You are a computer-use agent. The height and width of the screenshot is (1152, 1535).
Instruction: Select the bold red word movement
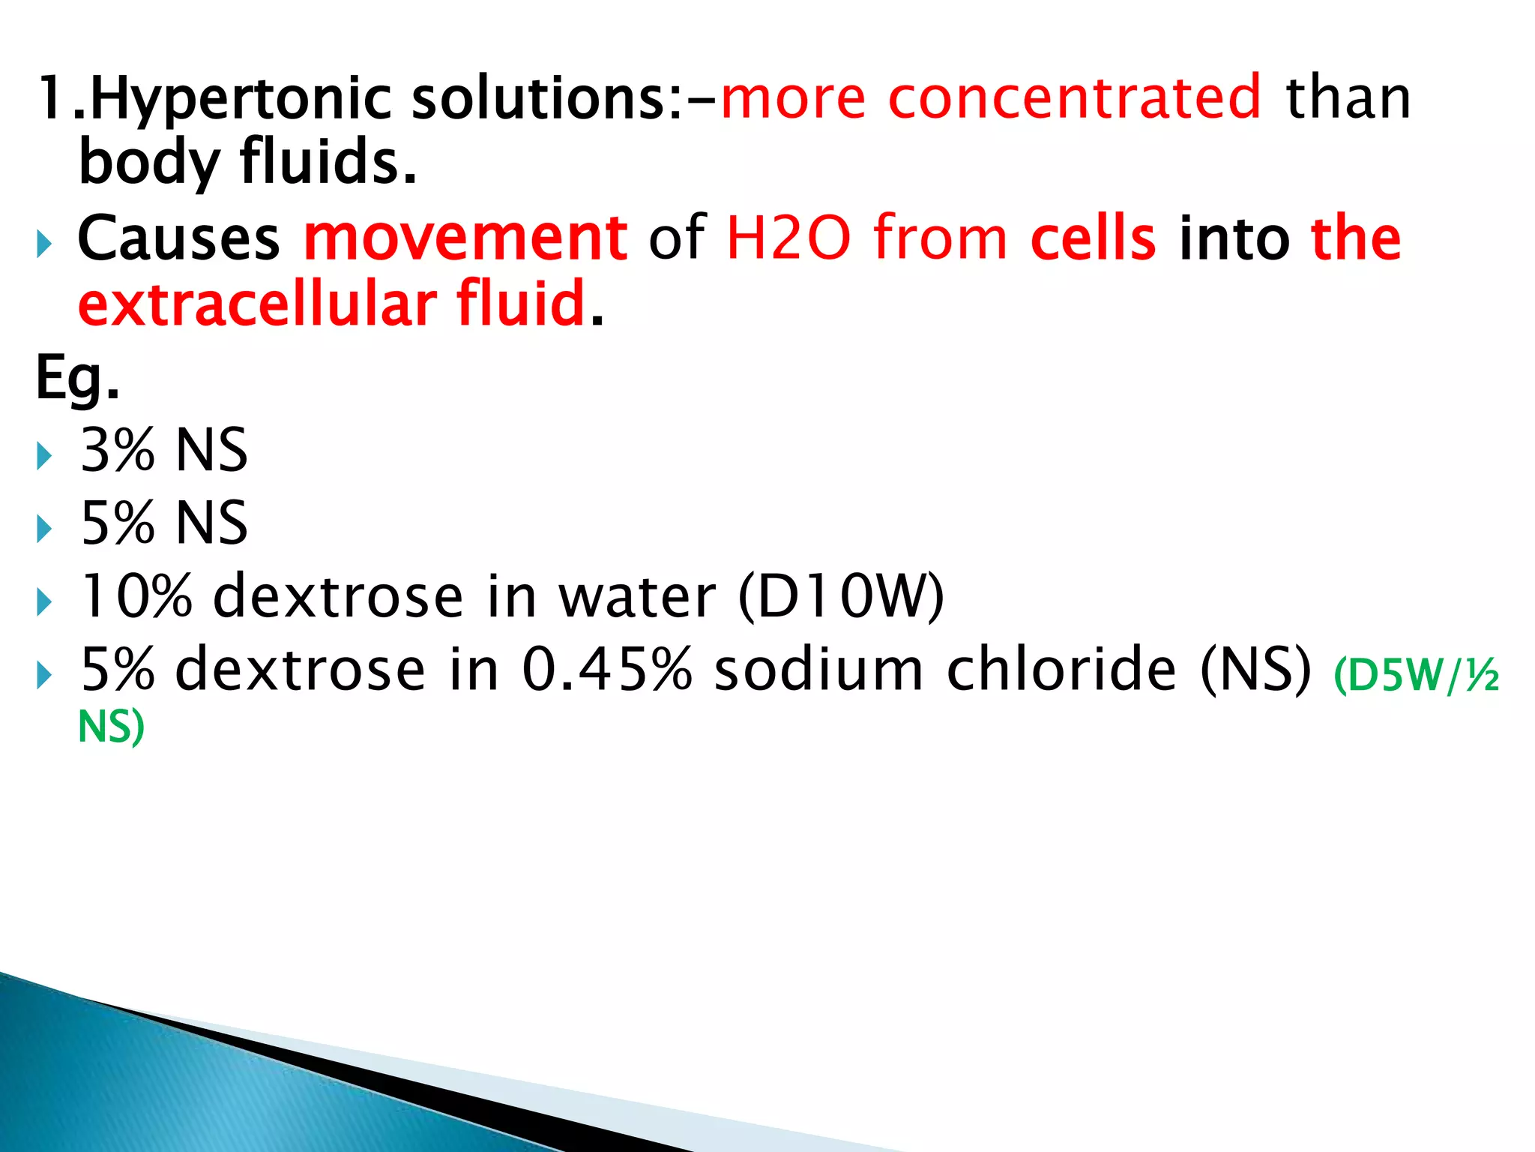click(x=465, y=238)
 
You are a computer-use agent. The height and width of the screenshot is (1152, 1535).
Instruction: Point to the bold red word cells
click(x=1093, y=238)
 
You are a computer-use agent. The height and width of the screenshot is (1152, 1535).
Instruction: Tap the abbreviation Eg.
click(x=76, y=379)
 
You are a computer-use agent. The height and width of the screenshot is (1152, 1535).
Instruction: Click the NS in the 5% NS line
click(x=211, y=523)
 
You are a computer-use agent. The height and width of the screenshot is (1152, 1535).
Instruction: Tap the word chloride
click(x=1061, y=669)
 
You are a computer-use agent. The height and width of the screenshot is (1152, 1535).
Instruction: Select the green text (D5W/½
click(x=1416, y=675)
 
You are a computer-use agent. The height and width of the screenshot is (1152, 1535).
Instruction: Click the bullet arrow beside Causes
click(x=44, y=244)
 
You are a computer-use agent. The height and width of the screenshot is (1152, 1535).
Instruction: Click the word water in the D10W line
click(x=637, y=597)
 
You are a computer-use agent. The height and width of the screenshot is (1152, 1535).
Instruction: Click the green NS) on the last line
click(x=111, y=727)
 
